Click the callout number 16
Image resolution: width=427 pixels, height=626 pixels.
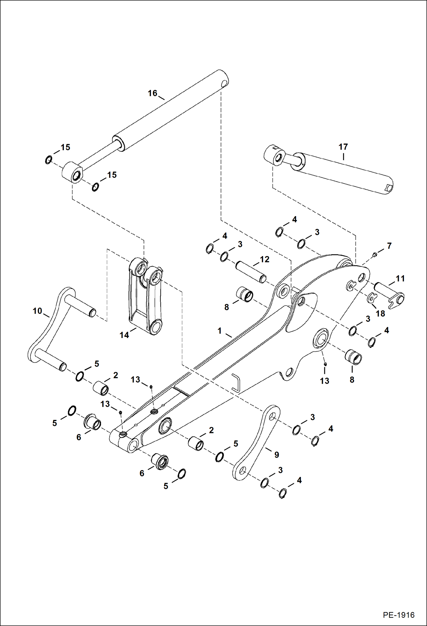152,93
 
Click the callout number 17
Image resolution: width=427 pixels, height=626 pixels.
343,147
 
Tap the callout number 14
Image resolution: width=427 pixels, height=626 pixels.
124,335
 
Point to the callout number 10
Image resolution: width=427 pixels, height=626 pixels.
37,311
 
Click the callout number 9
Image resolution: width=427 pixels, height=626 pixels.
276,455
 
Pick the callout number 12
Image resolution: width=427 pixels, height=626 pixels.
265,259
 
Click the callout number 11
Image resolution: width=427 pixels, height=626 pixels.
400,278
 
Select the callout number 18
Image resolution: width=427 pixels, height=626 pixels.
380,313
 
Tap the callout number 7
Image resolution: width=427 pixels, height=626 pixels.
389,246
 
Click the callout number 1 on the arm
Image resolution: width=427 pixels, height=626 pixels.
219,331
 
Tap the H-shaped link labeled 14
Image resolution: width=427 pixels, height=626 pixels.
144,297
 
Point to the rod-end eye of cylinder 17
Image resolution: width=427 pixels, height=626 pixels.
275,155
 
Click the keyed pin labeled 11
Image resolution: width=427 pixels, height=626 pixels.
389,293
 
